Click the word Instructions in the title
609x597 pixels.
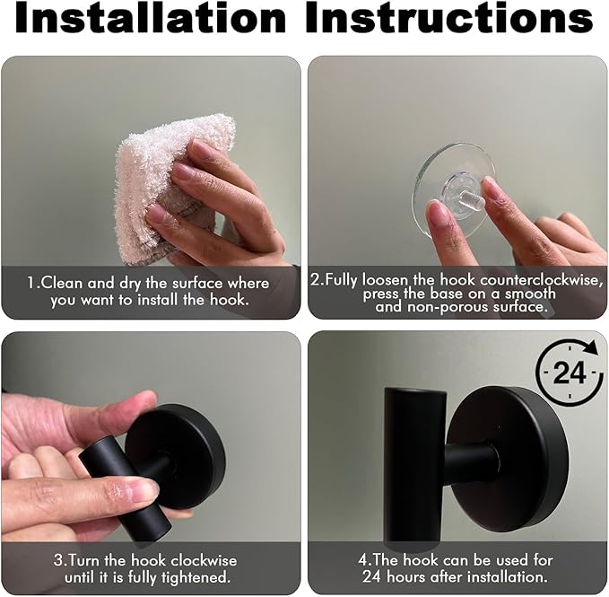(x=449, y=21)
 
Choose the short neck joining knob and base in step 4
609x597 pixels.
(x=466, y=462)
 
